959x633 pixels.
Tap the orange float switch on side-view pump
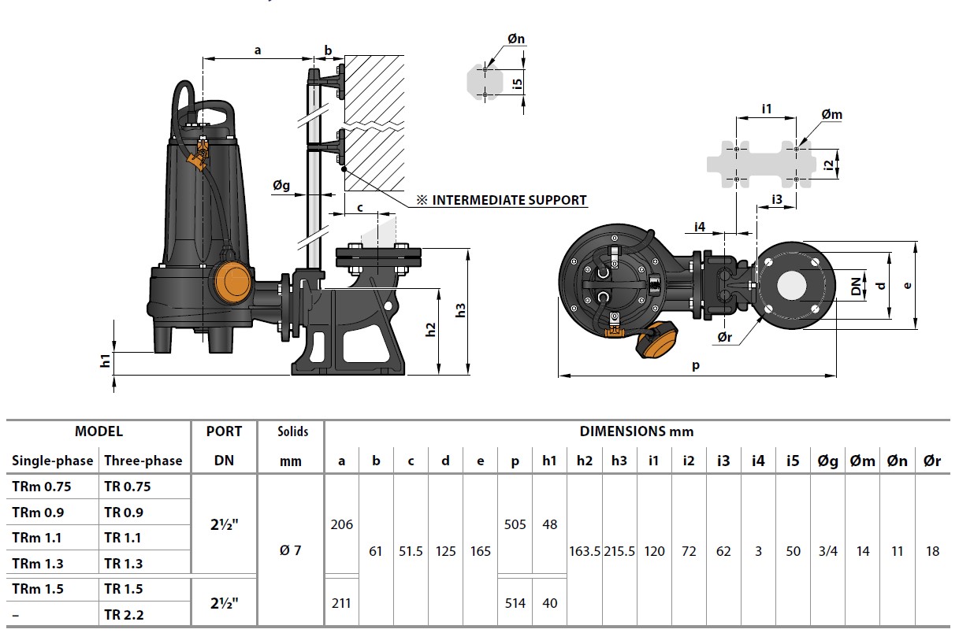tap(231, 279)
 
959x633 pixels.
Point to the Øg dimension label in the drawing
tap(281, 186)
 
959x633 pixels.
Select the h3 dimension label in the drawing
tap(462, 310)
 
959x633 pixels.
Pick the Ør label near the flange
tap(725, 337)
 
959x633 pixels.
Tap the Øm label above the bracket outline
tap(831, 115)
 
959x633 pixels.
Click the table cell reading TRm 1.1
tap(37, 538)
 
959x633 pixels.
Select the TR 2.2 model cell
tap(125, 615)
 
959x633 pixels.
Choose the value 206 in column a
tap(341, 524)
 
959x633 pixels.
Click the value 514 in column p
tap(515, 603)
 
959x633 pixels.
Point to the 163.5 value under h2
tap(585, 551)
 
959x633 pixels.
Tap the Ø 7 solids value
tap(290, 550)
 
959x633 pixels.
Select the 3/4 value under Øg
tap(827, 551)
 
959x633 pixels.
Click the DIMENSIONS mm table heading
tap(636, 431)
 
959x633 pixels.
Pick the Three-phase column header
tap(143, 461)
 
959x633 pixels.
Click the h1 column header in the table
tap(549, 461)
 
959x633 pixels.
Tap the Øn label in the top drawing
tap(515, 39)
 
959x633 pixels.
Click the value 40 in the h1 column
tap(549, 603)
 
